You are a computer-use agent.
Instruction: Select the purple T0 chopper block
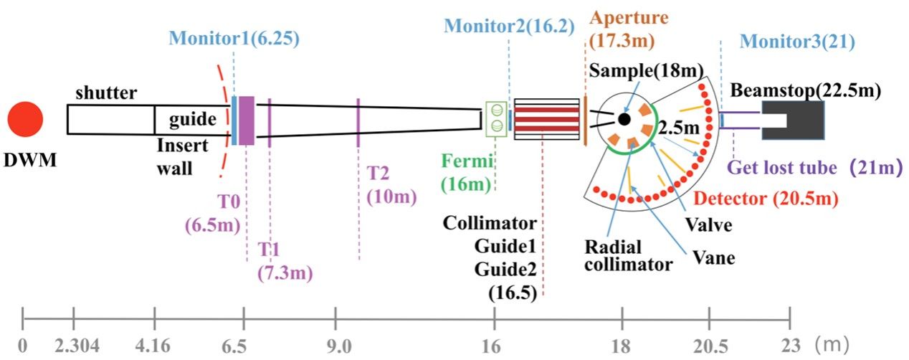click(247, 120)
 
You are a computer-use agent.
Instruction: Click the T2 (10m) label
click(384, 184)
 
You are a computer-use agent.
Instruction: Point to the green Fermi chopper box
click(495, 118)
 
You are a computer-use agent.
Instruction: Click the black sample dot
click(624, 118)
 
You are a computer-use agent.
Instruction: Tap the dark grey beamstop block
click(793, 119)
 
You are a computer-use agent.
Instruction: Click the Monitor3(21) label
click(797, 42)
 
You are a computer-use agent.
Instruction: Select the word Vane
click(715, 257)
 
